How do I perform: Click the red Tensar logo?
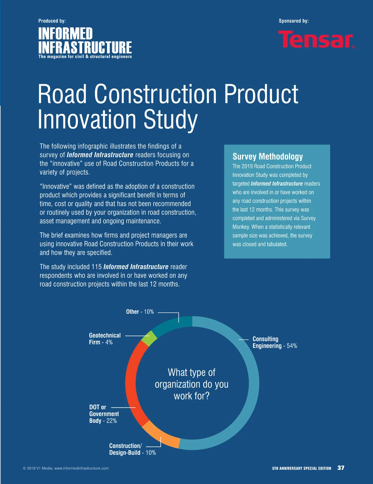click(x=316, y=39)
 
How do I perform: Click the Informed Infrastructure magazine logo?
click(x=85, y=43)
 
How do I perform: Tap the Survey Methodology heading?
click(x=268, y=157)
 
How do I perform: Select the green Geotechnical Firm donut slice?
click(x=149, y=339)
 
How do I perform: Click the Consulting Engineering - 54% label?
click(x=274, y=342)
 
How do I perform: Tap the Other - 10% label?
click(x=140, y=312)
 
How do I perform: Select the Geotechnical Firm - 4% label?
click(x=105, y=339)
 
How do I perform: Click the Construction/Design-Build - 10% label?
click(x=132, y=449)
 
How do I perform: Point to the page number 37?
click(x=341, y=468)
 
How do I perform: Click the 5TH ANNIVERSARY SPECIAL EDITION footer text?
click(x=302, y=468)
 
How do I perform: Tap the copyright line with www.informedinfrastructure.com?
click(x=66, y=468)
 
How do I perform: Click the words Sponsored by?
click(x=293, y=21)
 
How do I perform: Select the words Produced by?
click(x=52, y=21)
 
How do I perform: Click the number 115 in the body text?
click(x=96, y=267)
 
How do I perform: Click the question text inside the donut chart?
click(x=191, y=384)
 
